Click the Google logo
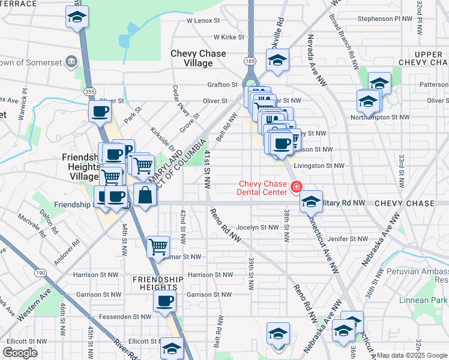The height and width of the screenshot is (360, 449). pyautogui.click(x=20, y=352)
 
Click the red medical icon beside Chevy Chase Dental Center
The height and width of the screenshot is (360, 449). pyautogui.click(x=295, y=188)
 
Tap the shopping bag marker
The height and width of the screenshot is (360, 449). pyautogui.click(x=145, y=195)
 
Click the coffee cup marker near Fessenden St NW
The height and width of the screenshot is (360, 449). pyautogui.click(x=164, y=302)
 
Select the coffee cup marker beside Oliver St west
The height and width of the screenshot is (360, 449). pyautogui.click(x=100, y=110)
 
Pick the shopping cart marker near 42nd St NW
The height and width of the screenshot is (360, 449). pyautogui.click(x=158, y=247)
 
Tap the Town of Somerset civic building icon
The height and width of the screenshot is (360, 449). pyautogui.click(x=71, y=61)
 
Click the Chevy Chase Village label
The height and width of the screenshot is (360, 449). pyautogui.click(x=198, y=58)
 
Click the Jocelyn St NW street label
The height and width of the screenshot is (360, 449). pyautogui.click(x=258, y=227)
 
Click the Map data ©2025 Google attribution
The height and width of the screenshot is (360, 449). pyautogui.click(x=412, y=355)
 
